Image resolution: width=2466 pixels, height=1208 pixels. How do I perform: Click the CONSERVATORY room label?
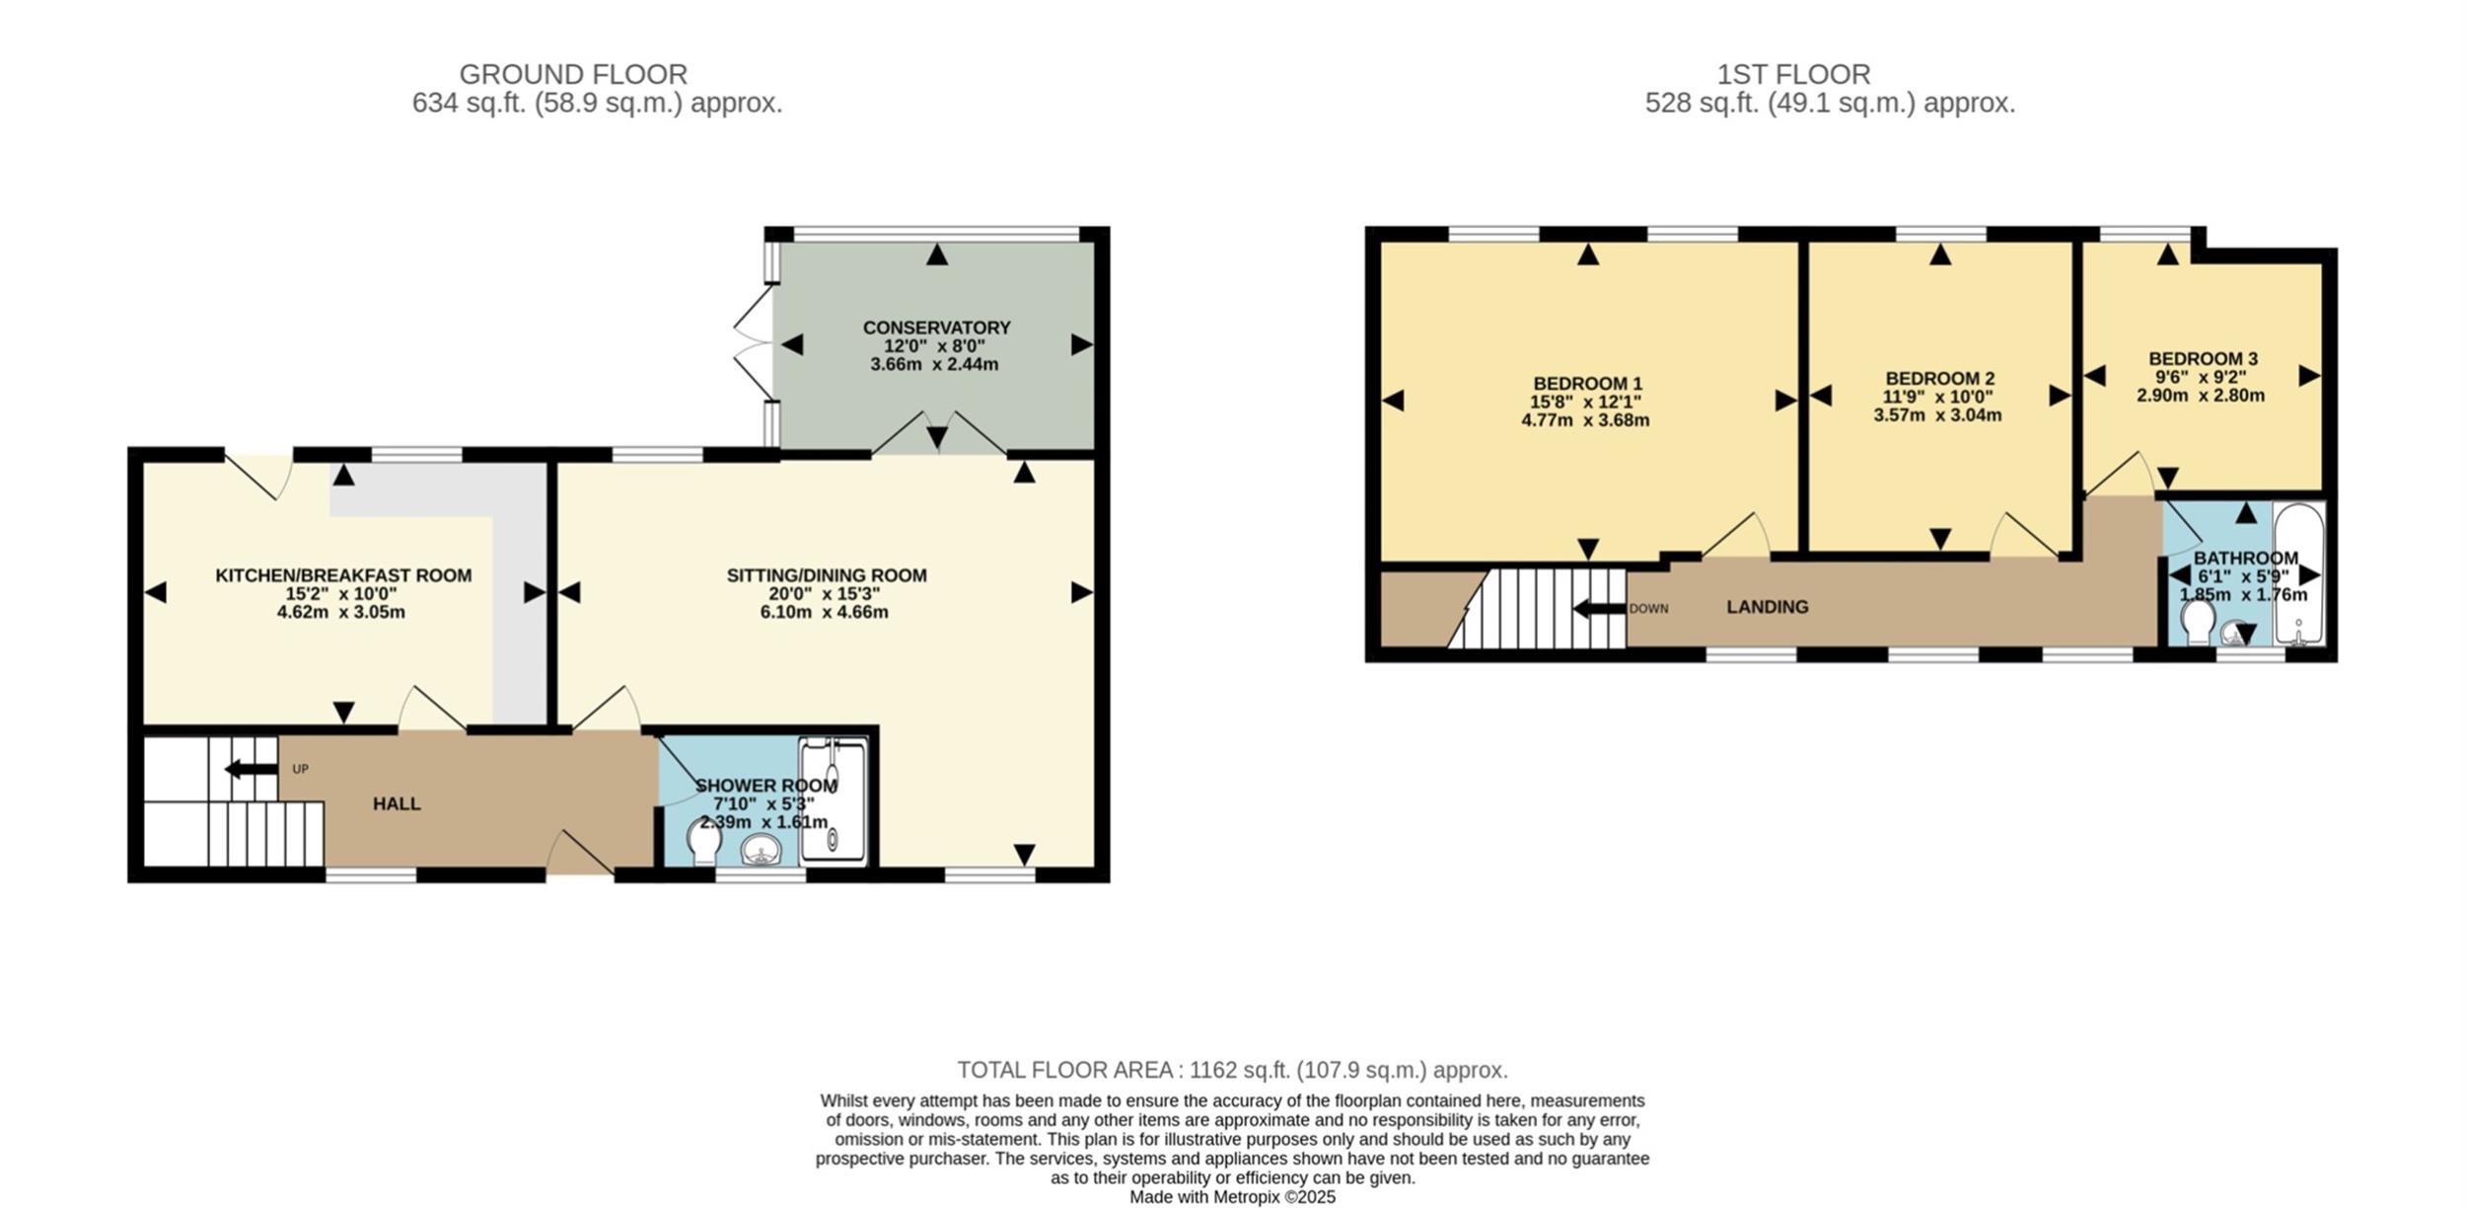pyautogui.click(x=936, y=328)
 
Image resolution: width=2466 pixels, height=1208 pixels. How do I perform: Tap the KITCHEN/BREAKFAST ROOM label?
pyautogui.click(x=343, y=575)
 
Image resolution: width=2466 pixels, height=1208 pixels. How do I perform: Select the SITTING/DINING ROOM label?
pyautogui.click(x=827, y=575)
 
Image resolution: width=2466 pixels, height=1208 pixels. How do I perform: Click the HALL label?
pyautogui.click(x=397, y=804)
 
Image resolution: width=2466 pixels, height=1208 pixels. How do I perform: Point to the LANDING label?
pyautogui.click(x=1768, y=607)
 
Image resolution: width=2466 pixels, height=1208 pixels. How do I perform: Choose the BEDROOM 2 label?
pyautogui.click(x=1939, y=378)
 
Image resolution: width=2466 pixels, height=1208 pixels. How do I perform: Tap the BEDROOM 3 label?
pyautogui.click(x=2203, y=358)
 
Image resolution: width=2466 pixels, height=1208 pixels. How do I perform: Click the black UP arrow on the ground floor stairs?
pyautogui.click(x=252, y=769)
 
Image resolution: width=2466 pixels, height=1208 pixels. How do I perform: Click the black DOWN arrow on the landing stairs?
pyautogui.click(x=1599, y=608)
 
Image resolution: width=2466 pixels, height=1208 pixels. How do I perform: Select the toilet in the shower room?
pyautogui.click(x=704, y=843)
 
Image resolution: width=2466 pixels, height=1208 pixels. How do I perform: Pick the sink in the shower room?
pyautogui.click(x=761, y=849)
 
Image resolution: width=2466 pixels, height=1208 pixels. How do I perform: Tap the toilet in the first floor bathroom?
pyautogui.click(x=2199, y=622)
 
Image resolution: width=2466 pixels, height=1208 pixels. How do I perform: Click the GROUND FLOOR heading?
pyautogui.click(x=573, y=74)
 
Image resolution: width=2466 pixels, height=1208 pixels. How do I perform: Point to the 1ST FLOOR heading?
pyautogui.click(x=1793, y=74)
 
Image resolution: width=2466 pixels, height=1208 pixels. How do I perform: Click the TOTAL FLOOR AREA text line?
pyautogui.click(x=1232, y=1070)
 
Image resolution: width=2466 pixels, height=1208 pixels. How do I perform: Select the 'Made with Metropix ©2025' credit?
pyautogui.click(x=1232, y=1197)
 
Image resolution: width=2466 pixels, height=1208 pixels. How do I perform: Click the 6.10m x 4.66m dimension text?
pyautogui.click(x=824, y=612)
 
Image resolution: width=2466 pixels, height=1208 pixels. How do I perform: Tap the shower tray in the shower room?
pyautogui.click(x=834, y=799)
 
